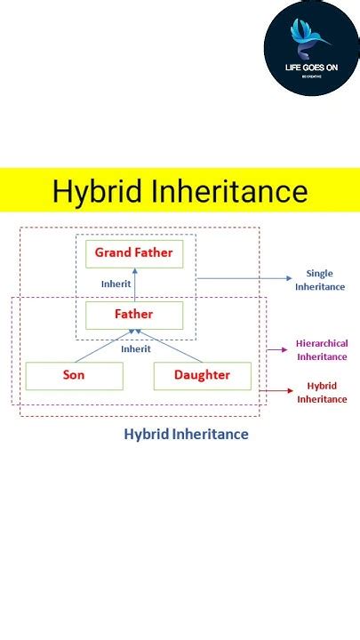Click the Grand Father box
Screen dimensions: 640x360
[134, 253]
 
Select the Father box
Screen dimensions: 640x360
[134, 315]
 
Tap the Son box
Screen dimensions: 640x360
[74, 376]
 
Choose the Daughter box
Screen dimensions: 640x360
[202, 376]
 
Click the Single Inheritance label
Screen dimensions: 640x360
[320, 280]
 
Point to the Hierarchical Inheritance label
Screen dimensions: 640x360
[322, 350]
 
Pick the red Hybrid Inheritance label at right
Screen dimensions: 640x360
[322, 393]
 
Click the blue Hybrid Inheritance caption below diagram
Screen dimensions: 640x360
[186, 435]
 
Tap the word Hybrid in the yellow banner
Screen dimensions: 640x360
[93, 192]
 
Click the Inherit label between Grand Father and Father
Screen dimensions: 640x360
[116, 284]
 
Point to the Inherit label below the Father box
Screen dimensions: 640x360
[135, 349]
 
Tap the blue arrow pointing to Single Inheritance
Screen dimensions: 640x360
[244, 278]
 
